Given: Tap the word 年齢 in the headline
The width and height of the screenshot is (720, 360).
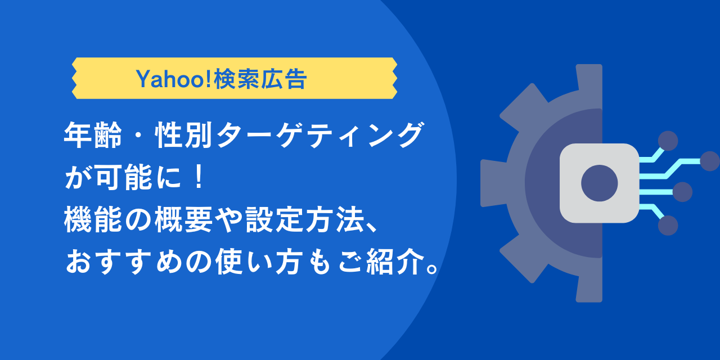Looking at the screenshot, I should (93, 137).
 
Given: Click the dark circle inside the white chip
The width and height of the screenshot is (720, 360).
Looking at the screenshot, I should (599, 183).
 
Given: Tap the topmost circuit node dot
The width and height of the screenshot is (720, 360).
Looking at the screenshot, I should (668, 141).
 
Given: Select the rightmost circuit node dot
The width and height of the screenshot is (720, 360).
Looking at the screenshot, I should (710, 161).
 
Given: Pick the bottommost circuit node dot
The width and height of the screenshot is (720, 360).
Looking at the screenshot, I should (668, 226).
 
